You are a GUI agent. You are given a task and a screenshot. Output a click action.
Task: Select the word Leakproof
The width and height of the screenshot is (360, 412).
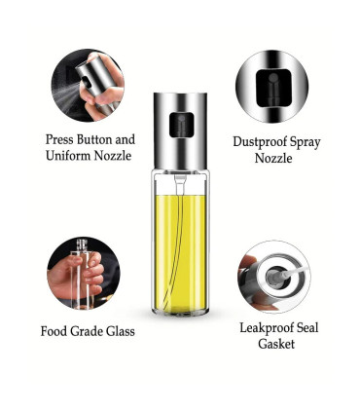[x=265, y=327]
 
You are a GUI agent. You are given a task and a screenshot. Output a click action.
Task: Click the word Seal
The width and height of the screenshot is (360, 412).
[x=306, y=327]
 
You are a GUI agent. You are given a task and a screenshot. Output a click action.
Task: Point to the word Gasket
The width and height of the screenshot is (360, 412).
[x=275, y=344]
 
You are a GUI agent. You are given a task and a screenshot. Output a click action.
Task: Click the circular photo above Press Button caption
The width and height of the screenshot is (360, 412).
[x=86, y=87]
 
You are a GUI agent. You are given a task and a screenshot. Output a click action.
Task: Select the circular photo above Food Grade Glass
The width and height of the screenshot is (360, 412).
[x=84, y=273]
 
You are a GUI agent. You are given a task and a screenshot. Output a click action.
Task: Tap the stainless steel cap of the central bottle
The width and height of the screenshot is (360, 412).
[x=179, y=107]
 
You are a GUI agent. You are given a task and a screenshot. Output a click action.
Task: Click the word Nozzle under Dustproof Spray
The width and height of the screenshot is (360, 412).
[x=275, y=159]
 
